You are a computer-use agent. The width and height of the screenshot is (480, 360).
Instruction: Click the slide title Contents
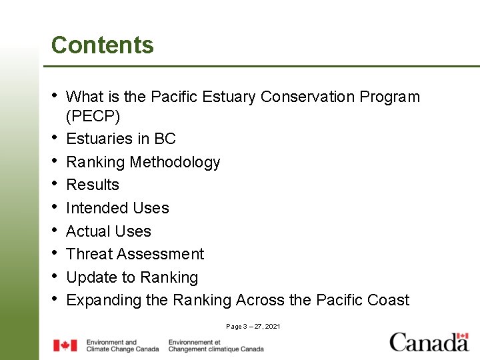(x=102, y=45)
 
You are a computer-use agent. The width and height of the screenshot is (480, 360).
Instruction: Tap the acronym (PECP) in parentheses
(x=93, y=117)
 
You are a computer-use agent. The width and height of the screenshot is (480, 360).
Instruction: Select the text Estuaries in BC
(x=121, y=139)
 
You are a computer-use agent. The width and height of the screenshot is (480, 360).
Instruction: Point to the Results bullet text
(x=93, y=185)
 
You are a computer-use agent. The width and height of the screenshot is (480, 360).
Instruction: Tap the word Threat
(x=90, y=254)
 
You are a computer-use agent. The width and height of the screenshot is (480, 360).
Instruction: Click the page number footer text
(x=253, y=327)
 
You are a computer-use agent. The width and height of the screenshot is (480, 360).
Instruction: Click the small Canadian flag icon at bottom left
(x=65, y=345)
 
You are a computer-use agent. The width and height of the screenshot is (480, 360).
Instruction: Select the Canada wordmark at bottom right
(x=429, y=342)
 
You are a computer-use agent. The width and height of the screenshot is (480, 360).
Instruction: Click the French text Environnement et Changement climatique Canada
(x=216, y=345)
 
